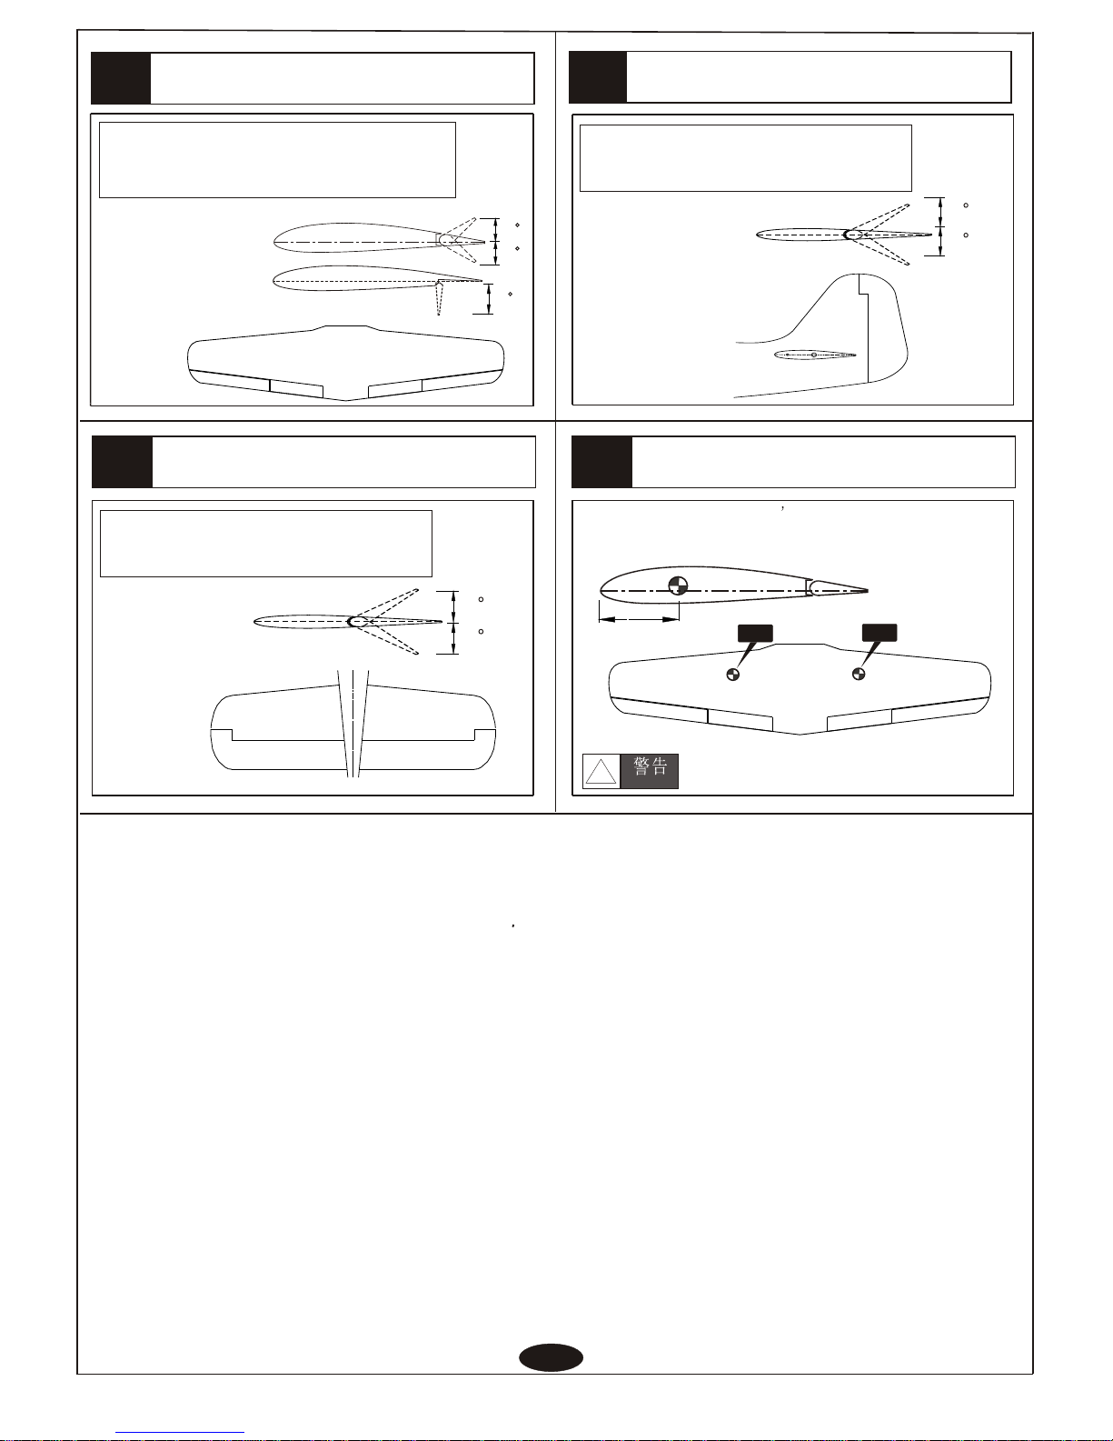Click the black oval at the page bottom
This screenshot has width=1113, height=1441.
[551, 1357]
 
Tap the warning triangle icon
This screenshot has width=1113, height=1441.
[601, 772]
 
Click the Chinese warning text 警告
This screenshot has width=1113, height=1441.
[650, 766]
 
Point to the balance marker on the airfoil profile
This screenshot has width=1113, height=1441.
[678, 586]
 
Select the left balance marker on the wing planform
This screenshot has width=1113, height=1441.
[733, 675]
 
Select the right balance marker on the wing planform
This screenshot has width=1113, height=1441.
[859, 675]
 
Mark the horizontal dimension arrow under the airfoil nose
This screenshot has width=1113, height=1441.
[639, 620]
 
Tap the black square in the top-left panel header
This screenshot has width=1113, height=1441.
[121, 78]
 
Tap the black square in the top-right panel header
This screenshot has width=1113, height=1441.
[598, 77]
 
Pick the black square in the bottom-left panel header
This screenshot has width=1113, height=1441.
[122, 462]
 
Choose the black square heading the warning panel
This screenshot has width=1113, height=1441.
[601, 462]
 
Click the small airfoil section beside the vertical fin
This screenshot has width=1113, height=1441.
[814, 355]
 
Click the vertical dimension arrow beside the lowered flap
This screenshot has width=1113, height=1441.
[489, 298]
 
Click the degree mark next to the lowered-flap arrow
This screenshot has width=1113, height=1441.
[510, 294]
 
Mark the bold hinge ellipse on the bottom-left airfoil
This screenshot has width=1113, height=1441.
[356, 622]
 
